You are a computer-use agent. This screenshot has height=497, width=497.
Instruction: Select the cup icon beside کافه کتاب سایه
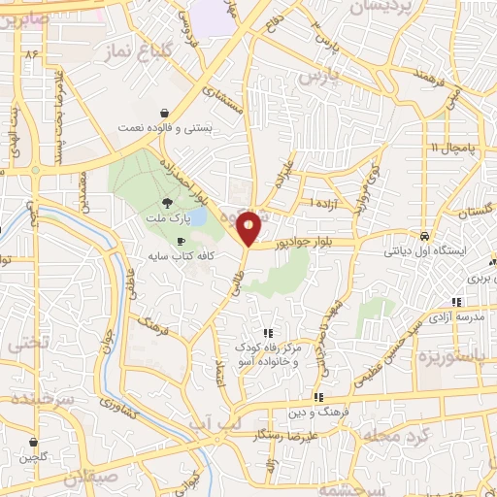pyautogui.click(x=181, y=241)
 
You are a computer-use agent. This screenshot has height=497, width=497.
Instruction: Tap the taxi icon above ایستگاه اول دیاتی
pyautogui.click(x=424, y=236)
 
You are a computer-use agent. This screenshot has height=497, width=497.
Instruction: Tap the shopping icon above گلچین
pyautogui.click(x=35, y=442)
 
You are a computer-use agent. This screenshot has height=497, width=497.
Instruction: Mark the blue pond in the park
pyautogui.click(x=197, y=216)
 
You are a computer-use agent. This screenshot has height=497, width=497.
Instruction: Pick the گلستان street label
pyautogui.click(x=475, y=211)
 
